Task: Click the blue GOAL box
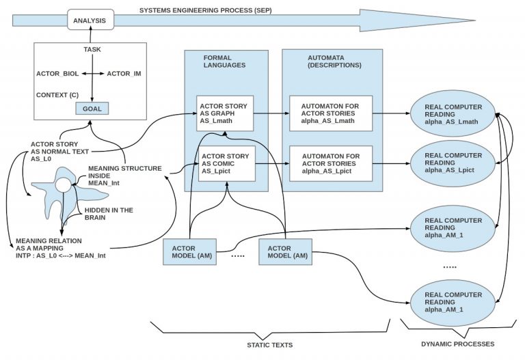92,108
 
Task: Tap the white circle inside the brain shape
63,184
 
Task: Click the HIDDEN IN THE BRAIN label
108,214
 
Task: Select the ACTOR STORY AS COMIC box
225,163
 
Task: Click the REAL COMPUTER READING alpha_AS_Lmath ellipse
453,113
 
